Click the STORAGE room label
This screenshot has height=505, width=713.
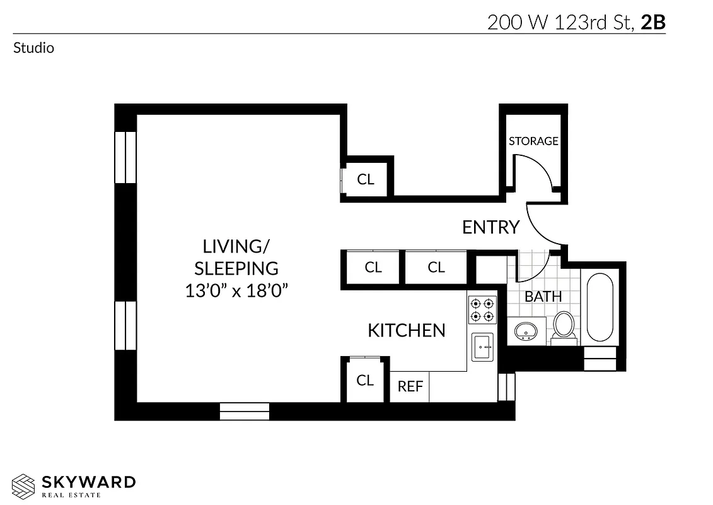(533, 141)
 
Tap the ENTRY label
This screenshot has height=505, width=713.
(490, 227)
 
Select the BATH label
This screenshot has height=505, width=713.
(543, 297)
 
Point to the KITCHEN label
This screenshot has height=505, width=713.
(407, 330)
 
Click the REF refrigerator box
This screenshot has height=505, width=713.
(410, 386)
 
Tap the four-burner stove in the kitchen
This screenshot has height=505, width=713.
(482, 310)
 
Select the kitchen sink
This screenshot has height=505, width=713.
(484, 347)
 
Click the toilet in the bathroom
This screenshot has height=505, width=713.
(563, 326)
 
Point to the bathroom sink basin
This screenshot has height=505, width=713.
(525, 330)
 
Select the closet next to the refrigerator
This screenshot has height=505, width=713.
(365, 380)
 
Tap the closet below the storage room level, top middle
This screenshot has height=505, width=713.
(366, 179)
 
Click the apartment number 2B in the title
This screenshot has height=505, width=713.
(652, 22)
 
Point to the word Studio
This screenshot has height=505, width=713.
(33, 48)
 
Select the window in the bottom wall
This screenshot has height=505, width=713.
(245, 411)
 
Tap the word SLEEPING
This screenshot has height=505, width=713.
(236, 268)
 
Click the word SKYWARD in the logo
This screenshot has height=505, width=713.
(89, 483)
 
